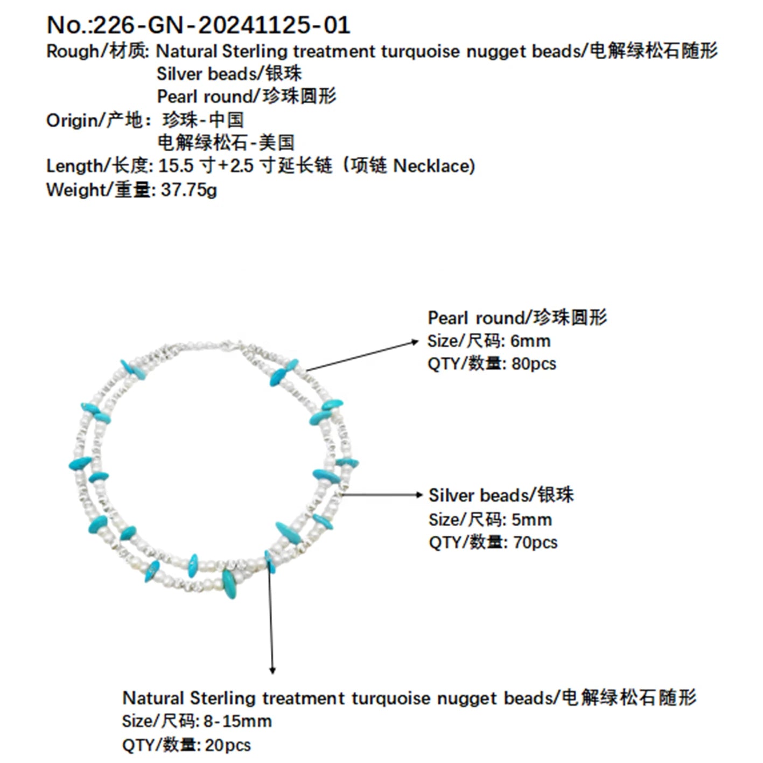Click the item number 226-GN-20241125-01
pyautogui.click(x=221, y=25)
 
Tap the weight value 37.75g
pyautogui.click(x=189, y=190)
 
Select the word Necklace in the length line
pyautogui.click(x=434, y=166)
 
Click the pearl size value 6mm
pyautogui.click(x=530, y=341)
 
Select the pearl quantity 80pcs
pyautogui.click(x=534, y=364)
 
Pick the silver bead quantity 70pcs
pyautogui.click(x=535, y=542)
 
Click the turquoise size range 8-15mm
pyautogui.click(x=237, y=722)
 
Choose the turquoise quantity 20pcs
pyautogui.click(x=228, y=745)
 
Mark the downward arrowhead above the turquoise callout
pyautogui.click(x=272, y=670)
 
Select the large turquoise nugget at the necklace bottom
pyautogui.click(x=229, y=584)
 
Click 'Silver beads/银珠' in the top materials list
pyautogui.click(x=229, y=74)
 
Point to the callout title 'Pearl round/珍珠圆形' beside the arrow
pyautogui.click(x=517, y=318)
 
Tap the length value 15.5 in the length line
pyautogui.click(x=176, y=166)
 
